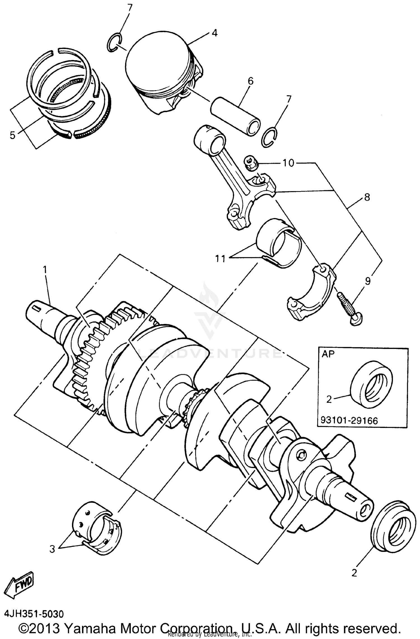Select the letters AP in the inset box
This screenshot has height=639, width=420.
pos(328,354)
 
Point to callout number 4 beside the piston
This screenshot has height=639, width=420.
pos(214,33)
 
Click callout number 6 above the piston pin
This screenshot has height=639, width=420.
pos(250,81)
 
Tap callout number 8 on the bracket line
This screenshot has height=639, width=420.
pos(367,198)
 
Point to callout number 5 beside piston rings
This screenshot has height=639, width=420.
pos(13,135)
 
